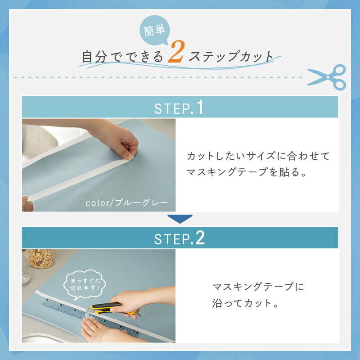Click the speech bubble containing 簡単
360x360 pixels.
pos(154,30)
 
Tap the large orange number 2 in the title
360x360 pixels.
pos(176,51)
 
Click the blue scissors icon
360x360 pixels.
pos(327,77)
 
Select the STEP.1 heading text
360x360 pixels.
pos(179,107)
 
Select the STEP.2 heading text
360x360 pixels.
pos(179,238)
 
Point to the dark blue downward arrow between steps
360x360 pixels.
pos(180,219)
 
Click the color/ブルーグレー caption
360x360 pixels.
pos(127,203)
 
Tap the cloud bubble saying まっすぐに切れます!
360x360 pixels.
pos(85,285)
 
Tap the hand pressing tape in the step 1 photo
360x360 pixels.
pos(112,139)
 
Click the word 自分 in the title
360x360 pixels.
pos(94,57)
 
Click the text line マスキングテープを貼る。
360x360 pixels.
pos(246,172)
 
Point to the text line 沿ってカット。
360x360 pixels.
pos(245,303)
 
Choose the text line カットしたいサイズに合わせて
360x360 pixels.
pos(258,156)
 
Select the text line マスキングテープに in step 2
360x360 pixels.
pos(258,287)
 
